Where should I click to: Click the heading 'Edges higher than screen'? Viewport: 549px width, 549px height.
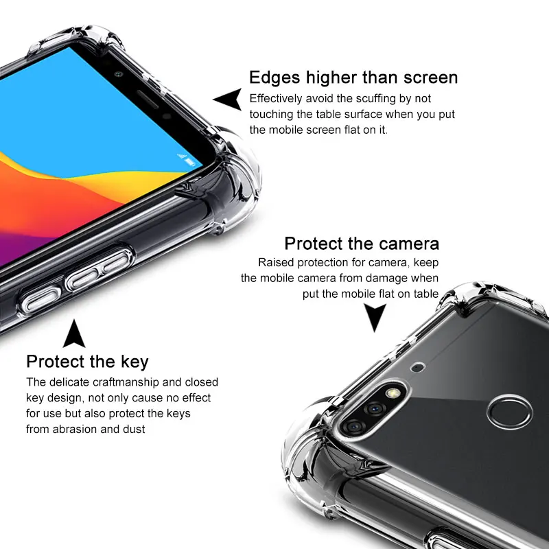[x=353, y=78]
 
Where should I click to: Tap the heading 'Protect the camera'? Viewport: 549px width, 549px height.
[x=362, y=244]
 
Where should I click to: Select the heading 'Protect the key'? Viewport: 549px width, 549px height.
[x=88, y=362]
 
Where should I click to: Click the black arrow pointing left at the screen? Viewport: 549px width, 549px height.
[x=229, y=99]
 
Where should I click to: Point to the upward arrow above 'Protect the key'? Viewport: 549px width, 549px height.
[x=74, y=334]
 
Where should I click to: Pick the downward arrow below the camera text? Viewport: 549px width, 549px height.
[x=375, y=315]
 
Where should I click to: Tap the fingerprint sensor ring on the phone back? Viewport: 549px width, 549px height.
[x=510, y=412]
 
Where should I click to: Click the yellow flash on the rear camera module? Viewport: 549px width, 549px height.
[x=393, y=393]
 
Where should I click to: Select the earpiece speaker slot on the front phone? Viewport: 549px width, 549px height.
[x=148, y=100]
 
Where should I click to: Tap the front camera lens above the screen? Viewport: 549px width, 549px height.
[x=118, y=74]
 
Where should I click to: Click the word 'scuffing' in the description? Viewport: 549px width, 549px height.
[x=366, y=99]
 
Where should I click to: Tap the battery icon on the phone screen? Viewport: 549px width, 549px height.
[x=190, y=162]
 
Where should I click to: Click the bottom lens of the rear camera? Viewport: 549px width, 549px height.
[x=353, y=426]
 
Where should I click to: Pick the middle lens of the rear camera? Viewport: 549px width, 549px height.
[x=375, y=408]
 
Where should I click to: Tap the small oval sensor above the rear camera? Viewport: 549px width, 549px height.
[x=418, y=367]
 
